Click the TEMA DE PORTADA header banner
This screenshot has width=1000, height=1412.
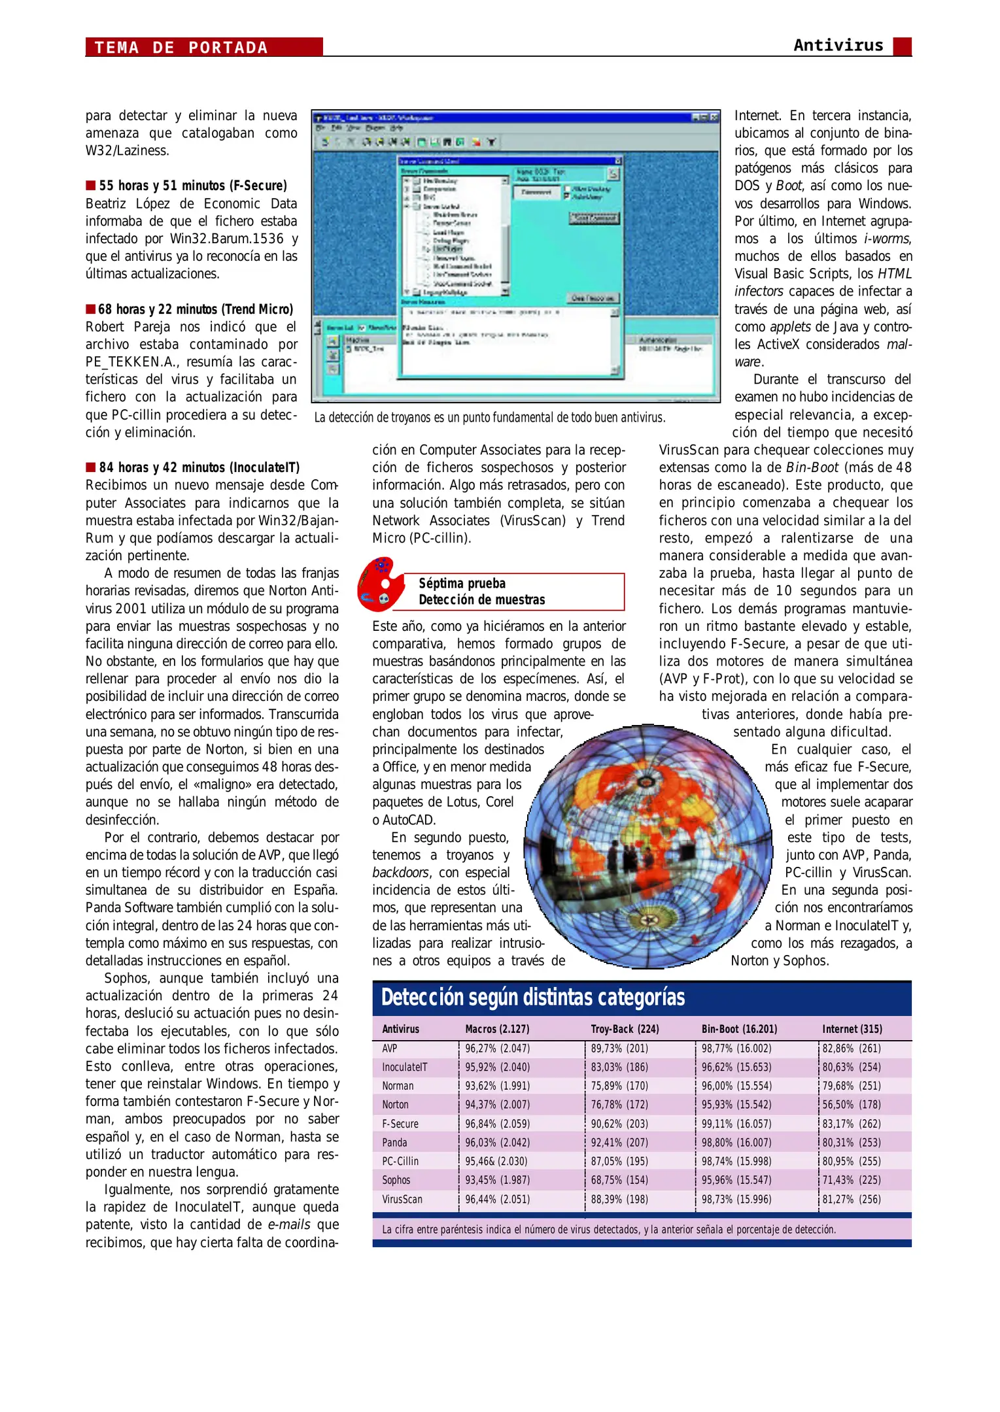coord(203,47)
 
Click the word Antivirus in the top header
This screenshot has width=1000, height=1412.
coord(838,45)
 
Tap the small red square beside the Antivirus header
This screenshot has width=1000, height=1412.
coord(902,46)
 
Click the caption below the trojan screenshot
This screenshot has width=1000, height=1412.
coord(489,417)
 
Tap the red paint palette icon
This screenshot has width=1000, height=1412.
coord(381,584)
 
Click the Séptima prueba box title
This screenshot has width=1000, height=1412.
coord(481,591)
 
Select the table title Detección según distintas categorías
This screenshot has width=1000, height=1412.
coord(533,998)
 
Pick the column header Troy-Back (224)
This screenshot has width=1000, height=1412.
coord(625,1029)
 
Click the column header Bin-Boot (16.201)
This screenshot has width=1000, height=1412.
coord(739,1029)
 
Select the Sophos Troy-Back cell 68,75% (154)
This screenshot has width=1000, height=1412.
coord(619,1180)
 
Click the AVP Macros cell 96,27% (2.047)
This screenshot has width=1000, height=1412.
coord(497,1049)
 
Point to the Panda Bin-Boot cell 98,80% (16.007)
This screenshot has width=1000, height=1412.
coord(736,1143)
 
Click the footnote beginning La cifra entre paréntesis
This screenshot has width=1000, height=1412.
coord(608,1230)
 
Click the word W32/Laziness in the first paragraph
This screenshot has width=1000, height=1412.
coord(127,150)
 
